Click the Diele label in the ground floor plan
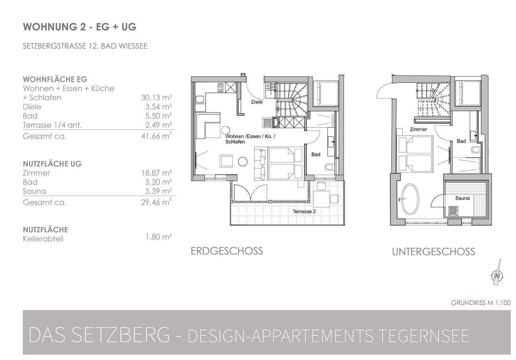click(257, 102)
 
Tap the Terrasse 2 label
click(304, 211)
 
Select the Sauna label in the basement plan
click(462, 198)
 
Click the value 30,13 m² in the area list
click(156, 98)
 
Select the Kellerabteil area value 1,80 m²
click(159, 237)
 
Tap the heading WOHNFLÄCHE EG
click(55, 79)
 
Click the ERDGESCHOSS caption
click(227, 251)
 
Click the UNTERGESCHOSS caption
click(433, 252)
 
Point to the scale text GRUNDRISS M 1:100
click(481, 303)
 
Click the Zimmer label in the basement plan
click(418, 129)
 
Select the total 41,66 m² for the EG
click(156, 136)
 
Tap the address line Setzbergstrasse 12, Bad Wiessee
click(85, 46)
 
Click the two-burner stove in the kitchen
click(220, 87)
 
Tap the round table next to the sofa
click(243, 161)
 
